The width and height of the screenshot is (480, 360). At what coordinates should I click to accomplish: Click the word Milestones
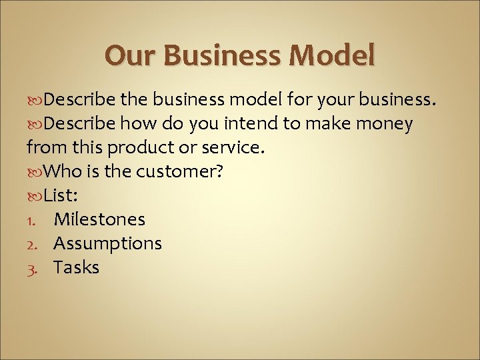99,219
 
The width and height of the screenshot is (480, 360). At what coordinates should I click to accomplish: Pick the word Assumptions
107,243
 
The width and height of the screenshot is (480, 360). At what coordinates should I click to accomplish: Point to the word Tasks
76,267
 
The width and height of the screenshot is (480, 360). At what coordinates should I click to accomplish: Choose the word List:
63,195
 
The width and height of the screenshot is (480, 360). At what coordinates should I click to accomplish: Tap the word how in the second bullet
135,123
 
